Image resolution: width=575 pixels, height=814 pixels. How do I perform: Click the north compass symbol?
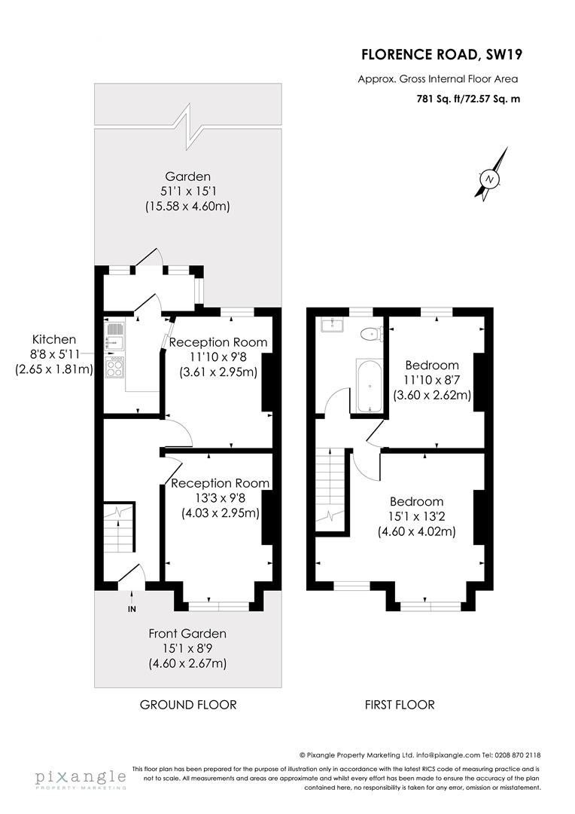click(x=490, y=179)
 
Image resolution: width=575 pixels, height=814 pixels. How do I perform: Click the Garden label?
click(x=188, y=177)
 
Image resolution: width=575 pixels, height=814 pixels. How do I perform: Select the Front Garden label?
click(x=187, y=634)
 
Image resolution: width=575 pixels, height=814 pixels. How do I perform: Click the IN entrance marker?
click(x=132, y=608)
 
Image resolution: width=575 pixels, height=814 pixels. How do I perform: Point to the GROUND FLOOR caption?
click(x=188, y=705)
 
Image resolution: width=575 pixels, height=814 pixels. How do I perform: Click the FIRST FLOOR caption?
click(x=400, y=705)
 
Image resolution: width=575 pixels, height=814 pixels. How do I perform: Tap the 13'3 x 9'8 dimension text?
click(x=221, y=498)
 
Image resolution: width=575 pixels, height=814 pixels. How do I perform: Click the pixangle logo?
click(x=81, y=778)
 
